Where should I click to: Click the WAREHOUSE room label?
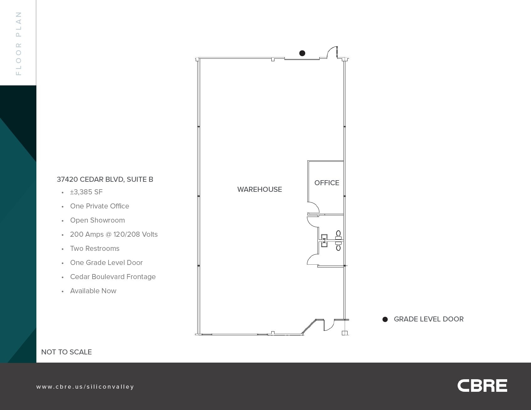259,189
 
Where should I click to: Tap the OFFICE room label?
327,183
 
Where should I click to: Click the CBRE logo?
482,386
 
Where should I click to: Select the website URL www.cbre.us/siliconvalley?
85,387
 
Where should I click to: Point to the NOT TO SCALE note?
66,352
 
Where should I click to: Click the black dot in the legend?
385,319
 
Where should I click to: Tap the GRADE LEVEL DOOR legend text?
428,319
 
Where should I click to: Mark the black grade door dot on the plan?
302,53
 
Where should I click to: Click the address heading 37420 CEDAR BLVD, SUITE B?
105,179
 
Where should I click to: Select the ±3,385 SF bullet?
86,192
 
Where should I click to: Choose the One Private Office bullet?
99,206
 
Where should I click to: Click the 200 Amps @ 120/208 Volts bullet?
114,234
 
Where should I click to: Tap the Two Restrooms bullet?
95,248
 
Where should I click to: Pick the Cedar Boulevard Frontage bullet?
113,277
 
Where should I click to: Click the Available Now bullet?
93,291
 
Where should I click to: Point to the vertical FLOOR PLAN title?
19,43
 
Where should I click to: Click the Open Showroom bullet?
97,220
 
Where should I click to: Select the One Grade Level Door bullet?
106,262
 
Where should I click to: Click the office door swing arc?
314,208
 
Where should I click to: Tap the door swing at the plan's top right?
332,52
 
